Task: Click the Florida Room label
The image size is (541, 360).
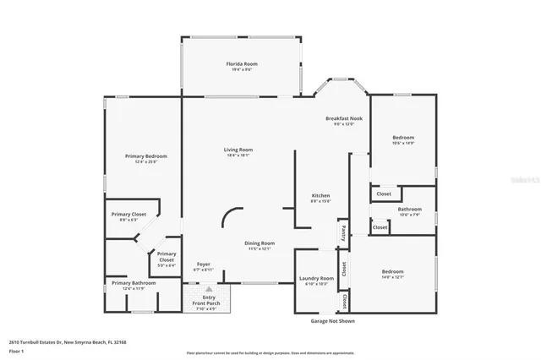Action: point(241,64)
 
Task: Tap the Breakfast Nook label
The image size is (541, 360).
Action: point(344,119)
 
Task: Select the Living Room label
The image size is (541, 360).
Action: point(238,150)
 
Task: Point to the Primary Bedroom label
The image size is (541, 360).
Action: point(145,156)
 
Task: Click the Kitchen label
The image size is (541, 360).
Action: point(320,195)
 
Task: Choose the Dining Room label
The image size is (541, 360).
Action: point(260,243)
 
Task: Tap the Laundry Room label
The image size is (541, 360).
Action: point(315,278)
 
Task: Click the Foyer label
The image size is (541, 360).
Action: point(204,265)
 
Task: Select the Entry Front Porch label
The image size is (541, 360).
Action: point(209,300)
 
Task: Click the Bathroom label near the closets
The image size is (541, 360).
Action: point(410,209)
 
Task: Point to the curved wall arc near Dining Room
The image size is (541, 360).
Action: point(228,217)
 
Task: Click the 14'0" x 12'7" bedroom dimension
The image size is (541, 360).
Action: point(392,276)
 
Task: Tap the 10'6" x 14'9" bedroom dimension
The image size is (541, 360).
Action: point(404,143)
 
